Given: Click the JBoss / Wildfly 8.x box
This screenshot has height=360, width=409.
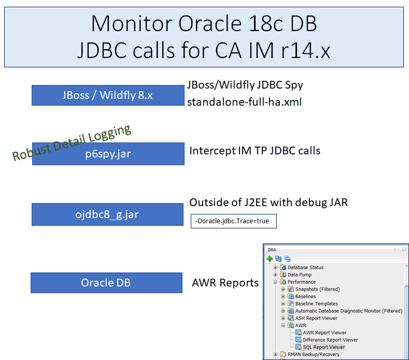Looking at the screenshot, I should [107, 96].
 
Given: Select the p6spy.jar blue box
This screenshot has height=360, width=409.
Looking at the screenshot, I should [108, 154].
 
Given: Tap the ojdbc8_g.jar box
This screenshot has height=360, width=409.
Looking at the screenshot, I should [107, 214].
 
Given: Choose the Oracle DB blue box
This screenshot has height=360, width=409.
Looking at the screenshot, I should [106, 283].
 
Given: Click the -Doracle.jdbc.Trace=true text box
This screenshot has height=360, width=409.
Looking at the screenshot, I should [233, 221].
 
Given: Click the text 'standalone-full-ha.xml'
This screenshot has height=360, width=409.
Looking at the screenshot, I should [244, 102].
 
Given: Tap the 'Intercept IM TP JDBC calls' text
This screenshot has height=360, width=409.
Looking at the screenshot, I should [255, 151].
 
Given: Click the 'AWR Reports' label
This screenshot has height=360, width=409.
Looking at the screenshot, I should [225, 283].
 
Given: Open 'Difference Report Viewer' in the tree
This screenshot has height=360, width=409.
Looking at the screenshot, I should [330, 340].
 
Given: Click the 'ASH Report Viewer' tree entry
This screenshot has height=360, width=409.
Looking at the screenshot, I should [316, 318].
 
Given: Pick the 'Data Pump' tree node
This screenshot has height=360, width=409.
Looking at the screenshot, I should [300, 275].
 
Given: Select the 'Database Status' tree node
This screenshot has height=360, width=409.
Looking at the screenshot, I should [305, 267].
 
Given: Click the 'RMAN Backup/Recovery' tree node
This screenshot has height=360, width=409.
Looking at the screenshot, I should [313, 354].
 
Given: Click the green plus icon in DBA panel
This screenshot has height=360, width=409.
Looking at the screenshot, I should [270, 258].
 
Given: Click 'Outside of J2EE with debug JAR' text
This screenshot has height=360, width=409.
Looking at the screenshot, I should [268, 203].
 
